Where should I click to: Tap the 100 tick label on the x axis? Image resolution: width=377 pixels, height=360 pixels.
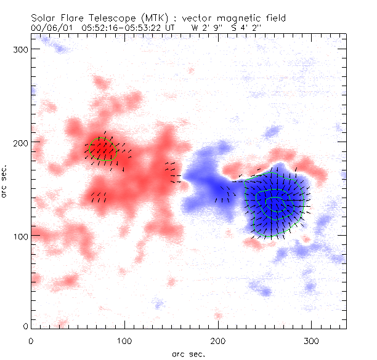click(124, 339)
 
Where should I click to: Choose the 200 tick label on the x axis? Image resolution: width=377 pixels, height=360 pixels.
click(218, 339)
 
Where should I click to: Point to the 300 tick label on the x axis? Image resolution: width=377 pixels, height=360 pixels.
click(312, 339)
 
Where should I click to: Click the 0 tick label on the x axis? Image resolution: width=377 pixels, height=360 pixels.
click(31, 339)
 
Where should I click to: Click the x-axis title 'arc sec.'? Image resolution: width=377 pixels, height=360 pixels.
click(188, 353)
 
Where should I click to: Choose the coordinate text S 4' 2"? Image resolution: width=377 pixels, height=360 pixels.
click(251, 28)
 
